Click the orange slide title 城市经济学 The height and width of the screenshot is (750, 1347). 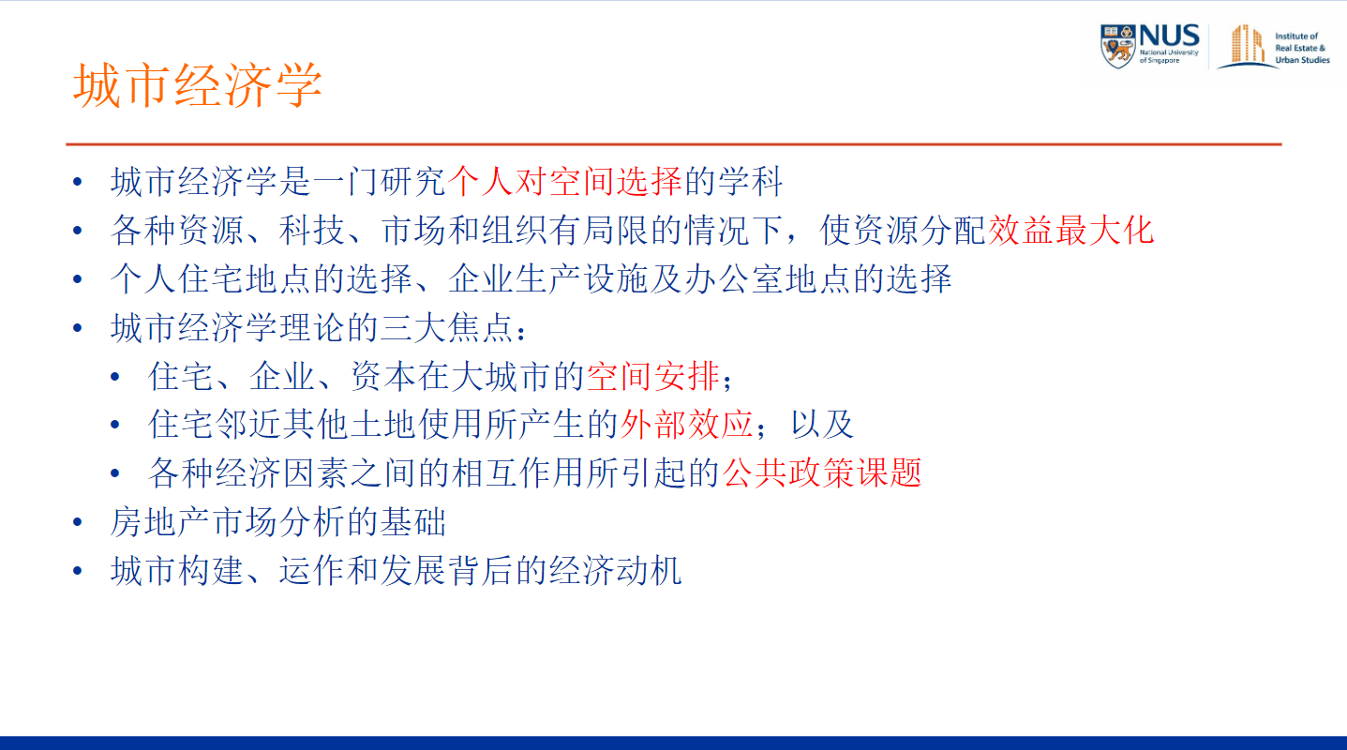(x=197, y=84)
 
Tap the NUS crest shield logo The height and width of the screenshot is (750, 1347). (x=1118, y=46)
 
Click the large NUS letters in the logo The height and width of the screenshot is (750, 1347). (x=1169, y=36)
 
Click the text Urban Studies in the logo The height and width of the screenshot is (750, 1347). (x=1302, y=60)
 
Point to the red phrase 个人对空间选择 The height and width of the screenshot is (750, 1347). (x=564, y=181)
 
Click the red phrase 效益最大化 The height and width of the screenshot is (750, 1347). (x=1070, y=230)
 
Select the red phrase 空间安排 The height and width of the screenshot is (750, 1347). (x=653, y=376)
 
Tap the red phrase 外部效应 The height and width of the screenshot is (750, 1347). (x=686, y=424)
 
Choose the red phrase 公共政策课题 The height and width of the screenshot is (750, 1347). (x=821, y=472)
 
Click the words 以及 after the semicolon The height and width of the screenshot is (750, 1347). (x=821, y=424)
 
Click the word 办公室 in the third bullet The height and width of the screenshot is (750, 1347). (x=734, y=278)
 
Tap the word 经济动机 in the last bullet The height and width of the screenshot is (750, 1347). (x=615, y=570)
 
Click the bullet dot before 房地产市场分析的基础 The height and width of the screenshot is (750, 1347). (x=78, y=522)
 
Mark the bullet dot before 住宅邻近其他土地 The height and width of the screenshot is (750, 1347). (x=115, y=426)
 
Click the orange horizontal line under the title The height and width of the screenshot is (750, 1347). (x=673, y=144)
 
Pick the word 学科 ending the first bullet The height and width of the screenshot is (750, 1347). (x=750, y=181)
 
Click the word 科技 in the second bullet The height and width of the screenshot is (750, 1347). (x=311, y=230)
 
